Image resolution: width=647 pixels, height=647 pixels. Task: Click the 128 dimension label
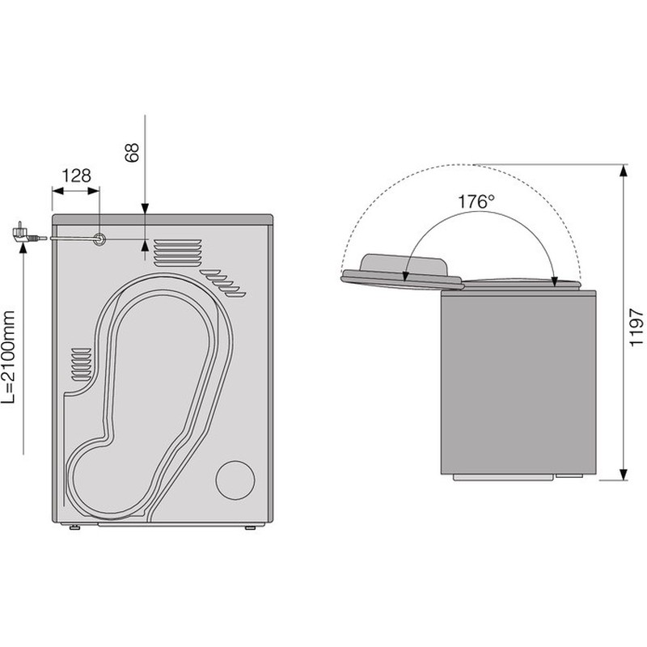(x=76, y=175)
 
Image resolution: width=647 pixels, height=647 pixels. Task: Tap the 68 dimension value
(x=132, y=153)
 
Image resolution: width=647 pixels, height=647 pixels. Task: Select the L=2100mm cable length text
(x=8, y=357)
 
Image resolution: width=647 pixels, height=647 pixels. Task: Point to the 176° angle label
(x=476, y=201)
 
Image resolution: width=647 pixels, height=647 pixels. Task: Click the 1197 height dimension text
(x=636, y=328)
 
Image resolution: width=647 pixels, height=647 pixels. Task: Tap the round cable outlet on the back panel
(x=99, y=239)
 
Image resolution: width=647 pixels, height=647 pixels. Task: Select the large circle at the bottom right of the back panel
(x=235, y=480)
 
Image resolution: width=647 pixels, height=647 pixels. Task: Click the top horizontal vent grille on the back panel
(x=178, y=252)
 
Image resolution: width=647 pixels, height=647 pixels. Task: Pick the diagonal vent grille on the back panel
(x=223, y=283)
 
